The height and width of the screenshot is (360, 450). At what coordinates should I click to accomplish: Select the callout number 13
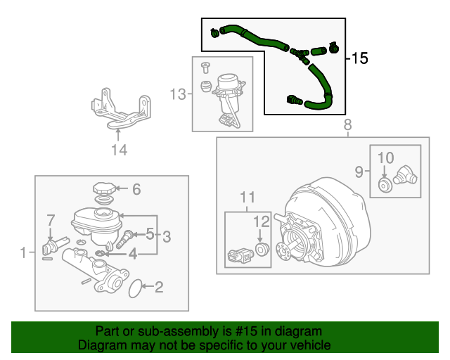coord(179,94)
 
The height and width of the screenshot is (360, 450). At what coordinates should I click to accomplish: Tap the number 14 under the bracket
coord(119,149)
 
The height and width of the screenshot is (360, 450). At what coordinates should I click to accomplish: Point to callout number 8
coord(347,126)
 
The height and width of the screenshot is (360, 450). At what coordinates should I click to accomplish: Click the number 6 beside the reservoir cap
coord(136,188)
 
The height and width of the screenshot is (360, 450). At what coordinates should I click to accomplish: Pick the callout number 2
coord(158,286)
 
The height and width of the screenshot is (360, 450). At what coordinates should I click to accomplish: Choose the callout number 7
coord(50,221)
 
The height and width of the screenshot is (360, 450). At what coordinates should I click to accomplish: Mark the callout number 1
coord(24,252)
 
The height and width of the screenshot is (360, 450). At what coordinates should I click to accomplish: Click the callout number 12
coord(262,221)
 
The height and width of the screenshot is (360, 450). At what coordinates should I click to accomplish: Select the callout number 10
coord(387,158)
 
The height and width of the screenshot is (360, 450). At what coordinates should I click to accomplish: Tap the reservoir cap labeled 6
coord(103,189)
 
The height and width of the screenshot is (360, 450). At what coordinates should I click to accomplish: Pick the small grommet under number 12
coord(262,250)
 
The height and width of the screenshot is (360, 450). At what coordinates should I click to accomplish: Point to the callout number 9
coord(358,171)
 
